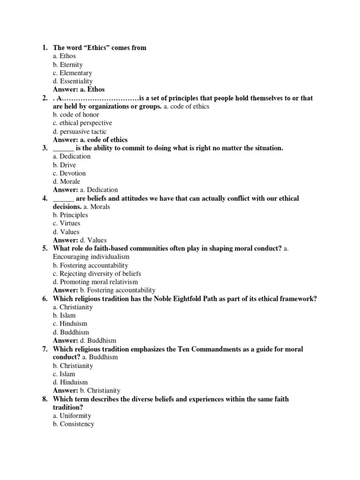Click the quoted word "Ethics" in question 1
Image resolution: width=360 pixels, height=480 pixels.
pyautogui.click(x=96, y=48)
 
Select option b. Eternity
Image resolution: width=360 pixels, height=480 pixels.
pyautogui.click(x=67, y=65)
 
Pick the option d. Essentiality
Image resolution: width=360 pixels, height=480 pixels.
pyautogui.click(x=73, y=81)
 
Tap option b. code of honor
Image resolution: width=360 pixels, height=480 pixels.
pyautogui.click(x=76, y=114)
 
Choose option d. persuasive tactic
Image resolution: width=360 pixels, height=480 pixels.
pyautogui.click(x=80, y=131)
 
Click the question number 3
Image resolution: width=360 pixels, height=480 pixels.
pyautogui.click(x=45, y=148)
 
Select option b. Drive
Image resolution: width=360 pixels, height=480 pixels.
pyautogui.click(x=64, y=165)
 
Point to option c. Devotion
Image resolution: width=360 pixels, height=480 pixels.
pyautogui.click(x=69, y=173)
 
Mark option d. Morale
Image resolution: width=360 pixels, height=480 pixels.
pyautogui.click(x=67, y=181)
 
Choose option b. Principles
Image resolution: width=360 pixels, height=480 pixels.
pyautogui.click(x=70, y=215)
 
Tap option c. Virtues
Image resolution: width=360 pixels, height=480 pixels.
pyautogui.click(x=67, y=223)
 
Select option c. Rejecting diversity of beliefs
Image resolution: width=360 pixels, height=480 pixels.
pyautogui.click(x=97, y=273)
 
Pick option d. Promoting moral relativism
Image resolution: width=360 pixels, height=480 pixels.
pyautogui.click(x=95, y=282)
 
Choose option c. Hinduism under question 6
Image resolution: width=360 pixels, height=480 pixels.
pyautogui.click(x=70, y=323)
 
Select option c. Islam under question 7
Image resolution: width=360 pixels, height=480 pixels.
pyautogui.click(x=64, y=374)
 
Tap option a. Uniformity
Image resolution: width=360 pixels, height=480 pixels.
pyautogui.click(x=72, y=416)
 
